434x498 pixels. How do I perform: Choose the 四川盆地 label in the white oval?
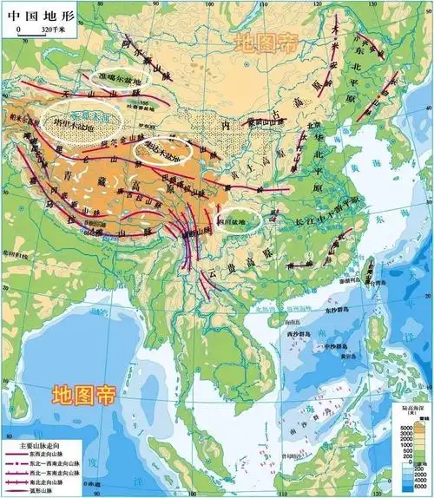(237, 220)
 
